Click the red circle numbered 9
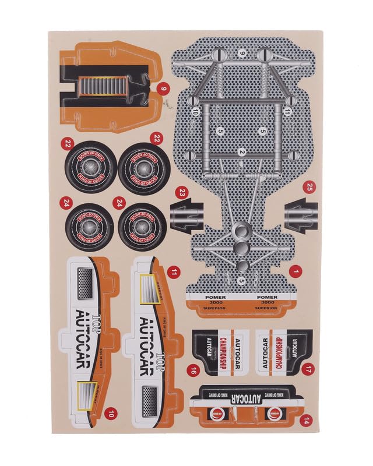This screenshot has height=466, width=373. tap(164, 89)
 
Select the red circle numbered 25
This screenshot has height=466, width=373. tap(309, 187)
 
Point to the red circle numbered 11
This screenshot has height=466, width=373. tap(173, 271)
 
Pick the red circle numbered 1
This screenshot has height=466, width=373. tap(295, 271)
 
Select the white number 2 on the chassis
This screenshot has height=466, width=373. tap(241, 152)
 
